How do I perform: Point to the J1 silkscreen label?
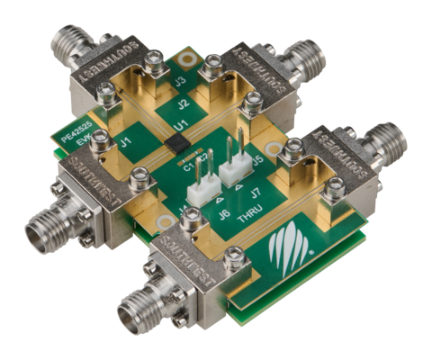125,141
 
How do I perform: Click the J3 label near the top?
181,82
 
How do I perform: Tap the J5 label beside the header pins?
258,162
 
